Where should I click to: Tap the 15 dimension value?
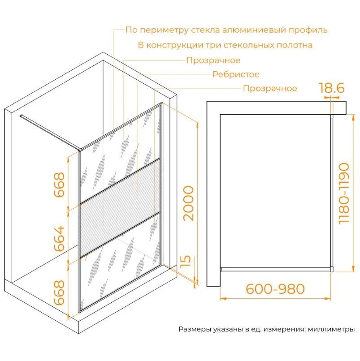186,261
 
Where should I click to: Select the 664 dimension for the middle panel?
59,238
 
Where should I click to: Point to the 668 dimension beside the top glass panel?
59,185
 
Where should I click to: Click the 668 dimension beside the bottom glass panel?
59,292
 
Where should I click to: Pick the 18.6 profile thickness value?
332,88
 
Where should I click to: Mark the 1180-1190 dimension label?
344,193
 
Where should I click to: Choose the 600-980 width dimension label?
275,289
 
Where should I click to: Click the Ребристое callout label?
236,74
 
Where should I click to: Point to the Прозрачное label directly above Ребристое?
213,60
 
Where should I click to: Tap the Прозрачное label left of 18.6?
270,88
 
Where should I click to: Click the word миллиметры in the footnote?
331,330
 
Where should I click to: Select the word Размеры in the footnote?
195,330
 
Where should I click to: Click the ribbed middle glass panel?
120,208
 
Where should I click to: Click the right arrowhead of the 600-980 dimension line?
327,299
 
